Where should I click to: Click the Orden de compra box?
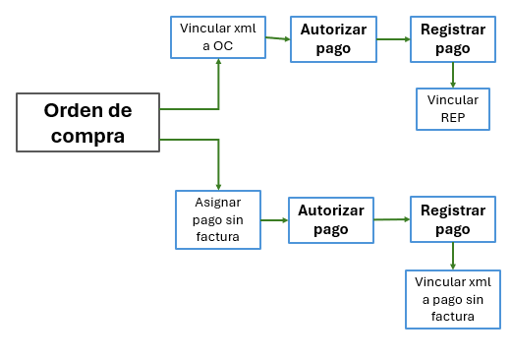pos(87,122)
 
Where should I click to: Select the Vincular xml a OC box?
pos(218,37)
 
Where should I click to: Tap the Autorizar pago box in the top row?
pos(333,38)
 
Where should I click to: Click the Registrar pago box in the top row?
pos(452,38)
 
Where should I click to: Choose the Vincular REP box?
pos(452,108)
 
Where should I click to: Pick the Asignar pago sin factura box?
pos(218,219)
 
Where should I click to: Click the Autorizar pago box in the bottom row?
pos(331,219)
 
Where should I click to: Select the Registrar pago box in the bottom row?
pos(452,219)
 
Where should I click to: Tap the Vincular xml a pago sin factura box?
pos(452,299)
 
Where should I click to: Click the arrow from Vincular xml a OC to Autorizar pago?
pos(278,38)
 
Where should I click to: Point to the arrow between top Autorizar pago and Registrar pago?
pos(393,39)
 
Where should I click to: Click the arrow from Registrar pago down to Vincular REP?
pos(452,75)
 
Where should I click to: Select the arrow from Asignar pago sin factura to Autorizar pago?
pos(274,219)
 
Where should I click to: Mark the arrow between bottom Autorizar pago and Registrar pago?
pos(392,219)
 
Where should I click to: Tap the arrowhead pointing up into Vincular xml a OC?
pos(218,62)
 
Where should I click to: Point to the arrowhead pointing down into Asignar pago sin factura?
pos(218,185)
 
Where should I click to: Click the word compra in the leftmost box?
pos(87,136)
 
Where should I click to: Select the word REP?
pos(452,118)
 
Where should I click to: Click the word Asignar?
pos(218,203)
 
